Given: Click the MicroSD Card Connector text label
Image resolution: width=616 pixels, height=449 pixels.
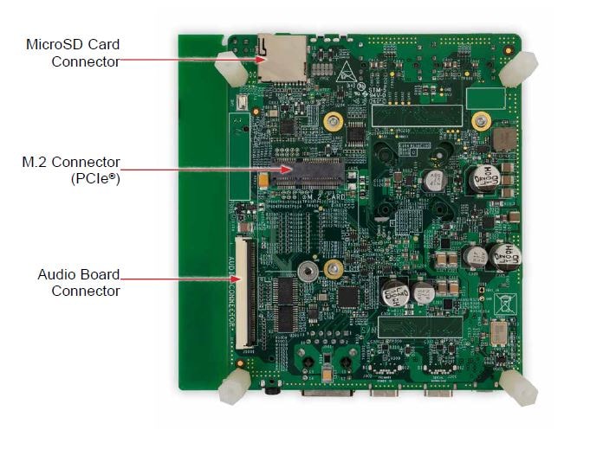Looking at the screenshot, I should [x=73, y=52].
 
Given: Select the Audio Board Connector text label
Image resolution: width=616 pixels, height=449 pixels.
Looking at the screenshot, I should [x=78, y=282].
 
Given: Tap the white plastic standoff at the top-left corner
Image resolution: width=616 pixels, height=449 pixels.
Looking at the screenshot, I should [x=230, y=67].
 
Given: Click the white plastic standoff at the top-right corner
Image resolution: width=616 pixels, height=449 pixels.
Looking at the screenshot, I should [x=518, y=67].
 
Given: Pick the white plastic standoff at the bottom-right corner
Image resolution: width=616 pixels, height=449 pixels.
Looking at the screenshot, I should [x=519, y=387].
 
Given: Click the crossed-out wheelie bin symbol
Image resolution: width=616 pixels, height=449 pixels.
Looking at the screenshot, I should [x=504, y=302].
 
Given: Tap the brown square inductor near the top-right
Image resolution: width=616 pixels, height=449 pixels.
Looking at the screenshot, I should [x=503, y=138].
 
